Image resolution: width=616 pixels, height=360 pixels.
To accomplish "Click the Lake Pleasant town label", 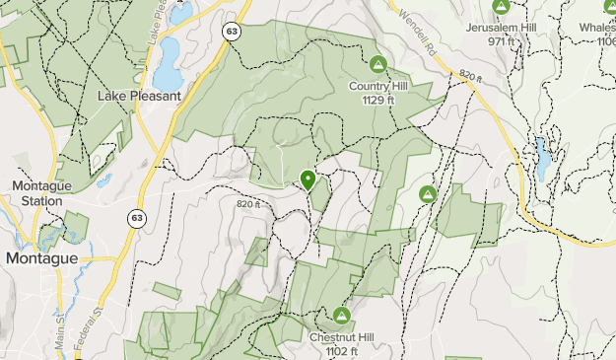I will [x=139, y=96].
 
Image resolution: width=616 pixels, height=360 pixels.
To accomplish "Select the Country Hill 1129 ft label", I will [x=377, y=93].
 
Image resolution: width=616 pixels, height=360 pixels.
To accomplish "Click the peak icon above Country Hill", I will [x=377, y=65].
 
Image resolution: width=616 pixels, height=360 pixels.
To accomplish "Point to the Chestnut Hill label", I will [x=341, y=338].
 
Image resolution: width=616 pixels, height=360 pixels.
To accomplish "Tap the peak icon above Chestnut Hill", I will [x=342, y=316].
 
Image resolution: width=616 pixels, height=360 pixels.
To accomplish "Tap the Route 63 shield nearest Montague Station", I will [x=135, y=217].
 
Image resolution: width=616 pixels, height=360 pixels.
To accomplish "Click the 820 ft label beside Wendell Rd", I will [x=471, y=75].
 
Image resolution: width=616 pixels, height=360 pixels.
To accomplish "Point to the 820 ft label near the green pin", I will [x=249, y=204].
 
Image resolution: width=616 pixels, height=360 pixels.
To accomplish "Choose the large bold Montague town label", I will [x=40, y=257].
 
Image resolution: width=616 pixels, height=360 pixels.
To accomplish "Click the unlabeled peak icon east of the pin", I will [x=428, y=194].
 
